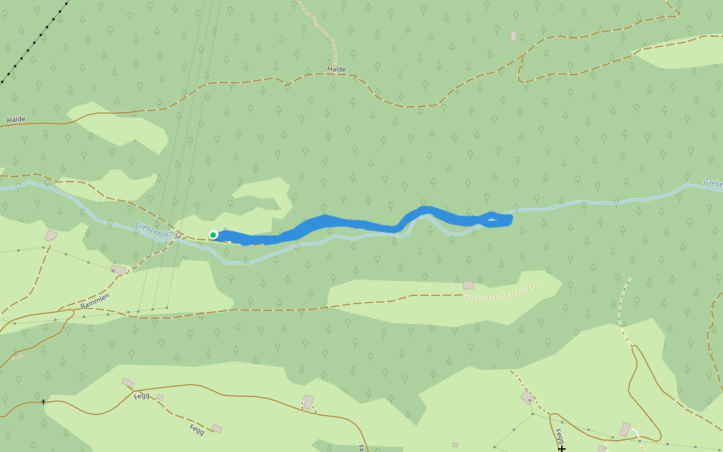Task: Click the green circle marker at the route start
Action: click(x=213, y=235)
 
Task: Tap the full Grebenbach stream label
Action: click(x=154, y=229)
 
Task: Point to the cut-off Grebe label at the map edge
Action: click(x=712, y=183)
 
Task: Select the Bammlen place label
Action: click(x=95, y=301)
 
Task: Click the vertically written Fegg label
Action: click(x=559, y=436)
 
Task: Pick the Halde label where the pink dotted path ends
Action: click(x=337, y=69)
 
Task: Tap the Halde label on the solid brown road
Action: click(x=16, y=119)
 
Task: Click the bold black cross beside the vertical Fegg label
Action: click(x=562, y=448)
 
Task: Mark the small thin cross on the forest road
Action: click(x=43, y=402)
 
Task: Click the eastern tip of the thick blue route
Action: click(x=511, y=219)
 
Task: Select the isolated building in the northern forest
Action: click(x=514, y=36)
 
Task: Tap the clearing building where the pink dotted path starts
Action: click(x=468, y=286)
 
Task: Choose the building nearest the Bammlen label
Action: click(x=118, y=269)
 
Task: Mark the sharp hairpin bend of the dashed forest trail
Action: click(x=520, y=75)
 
